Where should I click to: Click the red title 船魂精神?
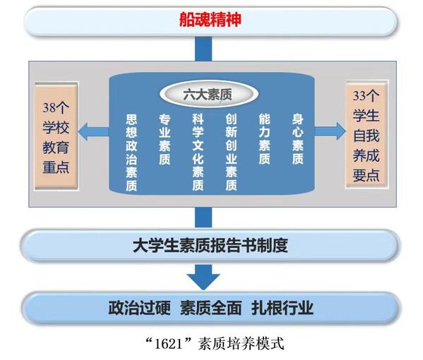click(x=210, y=20)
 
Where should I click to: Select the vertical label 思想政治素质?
click(x=131, y=152)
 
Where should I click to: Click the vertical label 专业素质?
click(x=165, y=140)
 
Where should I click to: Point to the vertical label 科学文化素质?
click(x=198, y=152)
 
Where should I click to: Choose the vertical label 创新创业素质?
click(x=231, y=152)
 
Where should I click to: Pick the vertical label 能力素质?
click(x=264, y=140)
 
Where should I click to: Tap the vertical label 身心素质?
click(x=297, y=140)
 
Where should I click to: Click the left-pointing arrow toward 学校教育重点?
click(x=94, y=131)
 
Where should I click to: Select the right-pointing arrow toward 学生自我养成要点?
click(x=330, y=131)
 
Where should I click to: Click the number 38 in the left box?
click(x=49, y=108)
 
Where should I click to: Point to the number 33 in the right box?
click(x=359, y=96)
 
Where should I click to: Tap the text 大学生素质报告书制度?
click(x=210, y=245)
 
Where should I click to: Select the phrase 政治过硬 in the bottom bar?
click(x=140, y=308)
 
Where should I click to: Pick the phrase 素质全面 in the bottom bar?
click(x=211, y=308)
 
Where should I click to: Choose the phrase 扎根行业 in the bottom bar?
click(x=282, y=308)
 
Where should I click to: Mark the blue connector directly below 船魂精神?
click(x=203, y=49)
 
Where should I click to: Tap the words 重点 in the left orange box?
click(x=56, y=167)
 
